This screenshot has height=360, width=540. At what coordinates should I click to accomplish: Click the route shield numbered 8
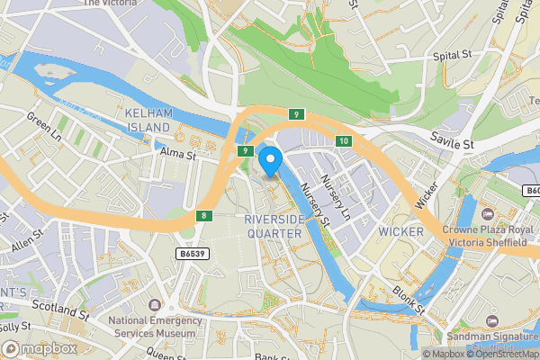point(204,216)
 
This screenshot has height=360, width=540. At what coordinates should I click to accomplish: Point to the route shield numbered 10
point(344,141)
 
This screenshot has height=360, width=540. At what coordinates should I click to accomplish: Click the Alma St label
point(178,155)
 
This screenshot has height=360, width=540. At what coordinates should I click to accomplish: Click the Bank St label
point(269,357)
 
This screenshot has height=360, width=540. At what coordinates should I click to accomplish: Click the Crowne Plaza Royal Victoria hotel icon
point(489,214)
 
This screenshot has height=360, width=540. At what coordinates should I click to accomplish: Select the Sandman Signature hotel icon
point(491,320)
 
